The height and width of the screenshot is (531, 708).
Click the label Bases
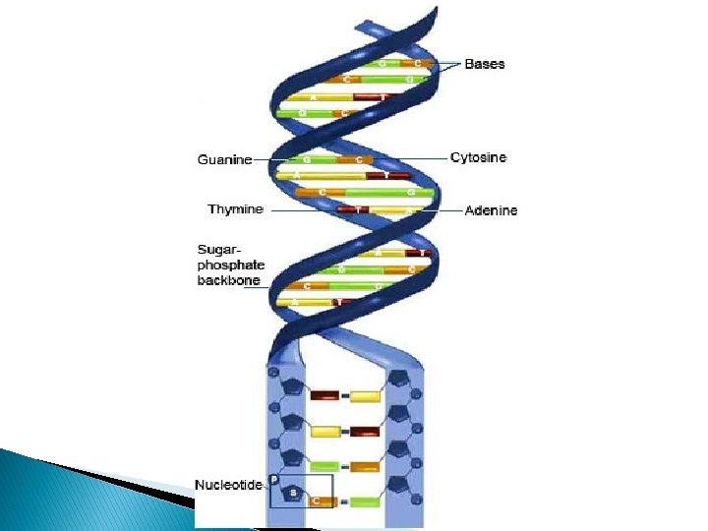coord(485,64)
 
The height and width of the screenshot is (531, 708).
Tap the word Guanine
coord(224,159)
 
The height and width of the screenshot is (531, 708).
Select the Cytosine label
coord(478,157)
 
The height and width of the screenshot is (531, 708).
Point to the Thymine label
coord(235,209)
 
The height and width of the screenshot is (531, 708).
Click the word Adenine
coord(491,210)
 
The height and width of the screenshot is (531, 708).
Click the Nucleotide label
coord(228,484)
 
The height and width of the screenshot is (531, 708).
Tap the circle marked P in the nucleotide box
coord(275,479)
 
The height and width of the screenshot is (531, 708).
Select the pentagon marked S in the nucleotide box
coord(292,491)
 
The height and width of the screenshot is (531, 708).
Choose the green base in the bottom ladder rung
coord(366,501)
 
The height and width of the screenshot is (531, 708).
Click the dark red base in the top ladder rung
coord(324,395)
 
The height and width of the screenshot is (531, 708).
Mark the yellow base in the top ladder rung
coord(366,396)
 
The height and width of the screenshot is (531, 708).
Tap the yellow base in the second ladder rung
coord(325,431)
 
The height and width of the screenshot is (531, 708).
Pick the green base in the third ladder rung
coord(324,466)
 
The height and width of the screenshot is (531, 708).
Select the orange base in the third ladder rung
coord(366,466)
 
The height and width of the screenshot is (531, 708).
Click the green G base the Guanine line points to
coord(307,159)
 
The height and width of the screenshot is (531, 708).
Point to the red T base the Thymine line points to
coord(361,210)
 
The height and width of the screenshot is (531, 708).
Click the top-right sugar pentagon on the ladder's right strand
coord(399,379)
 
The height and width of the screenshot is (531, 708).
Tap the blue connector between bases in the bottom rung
coord(345,501)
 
